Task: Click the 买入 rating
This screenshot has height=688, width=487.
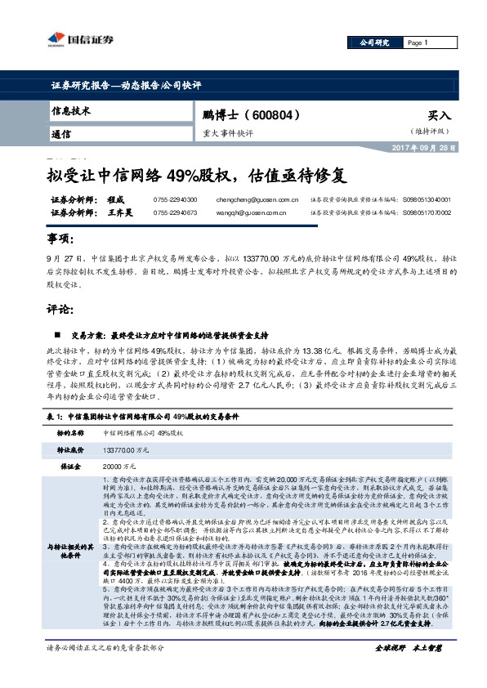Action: click(439, 117)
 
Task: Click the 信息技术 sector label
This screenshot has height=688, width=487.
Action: click(71, 110)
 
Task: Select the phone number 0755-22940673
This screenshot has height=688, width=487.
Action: click(176, 213)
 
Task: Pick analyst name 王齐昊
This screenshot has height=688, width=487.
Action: click(120, 213)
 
